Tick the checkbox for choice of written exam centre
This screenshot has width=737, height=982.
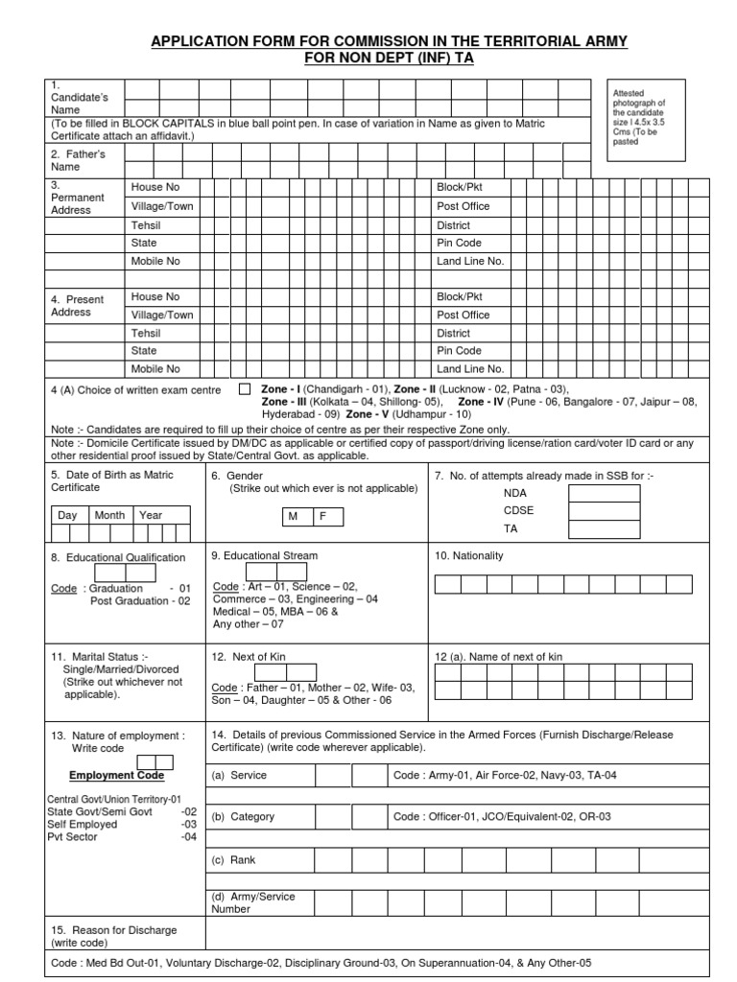(244, 389)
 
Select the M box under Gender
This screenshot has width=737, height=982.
(294, 516)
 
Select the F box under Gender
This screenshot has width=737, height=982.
(323, 516)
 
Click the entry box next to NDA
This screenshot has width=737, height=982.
(604, 493)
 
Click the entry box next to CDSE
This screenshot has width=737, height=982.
(604, 511)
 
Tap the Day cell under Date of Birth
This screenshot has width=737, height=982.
(67, 515)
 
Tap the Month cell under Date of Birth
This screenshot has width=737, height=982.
(109, 515)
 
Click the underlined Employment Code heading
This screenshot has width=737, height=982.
(116, 775)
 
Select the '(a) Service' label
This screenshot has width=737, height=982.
(239, 775)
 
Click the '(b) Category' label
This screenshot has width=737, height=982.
(243, 817)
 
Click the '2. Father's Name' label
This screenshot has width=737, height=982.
(78, 160)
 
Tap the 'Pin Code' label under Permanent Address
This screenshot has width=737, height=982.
(459, 243)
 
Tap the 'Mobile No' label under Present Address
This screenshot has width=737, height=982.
(155, 368)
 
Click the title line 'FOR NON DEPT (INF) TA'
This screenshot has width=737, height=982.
(388, 58)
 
